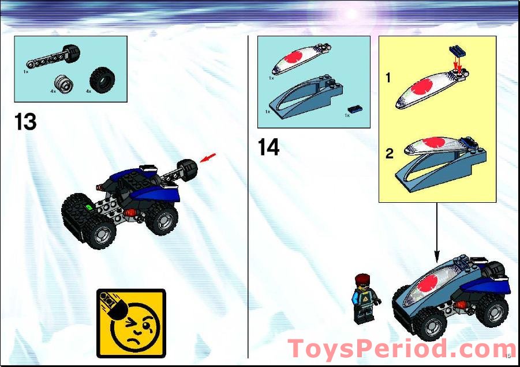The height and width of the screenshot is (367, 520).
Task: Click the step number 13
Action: tap(25, 122)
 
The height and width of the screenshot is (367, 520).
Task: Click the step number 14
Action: tap(268, 147)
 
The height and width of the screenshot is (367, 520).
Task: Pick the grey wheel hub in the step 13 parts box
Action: tap(64, 84)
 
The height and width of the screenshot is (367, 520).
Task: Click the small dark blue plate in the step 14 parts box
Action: tap(353, 109)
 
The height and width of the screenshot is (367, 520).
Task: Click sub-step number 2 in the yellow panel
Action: tap(390, 154)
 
